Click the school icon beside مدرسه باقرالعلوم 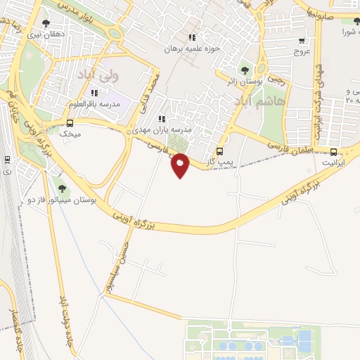tap(94, 93)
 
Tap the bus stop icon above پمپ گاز tap(220, 151)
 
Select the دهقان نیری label tap(45, 33)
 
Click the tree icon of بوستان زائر tap(244, 70)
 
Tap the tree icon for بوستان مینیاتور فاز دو tap(63, 188)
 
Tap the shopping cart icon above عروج tap(302, 41)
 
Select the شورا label tap(351, 32)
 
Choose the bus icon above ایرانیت tap(333, 151)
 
